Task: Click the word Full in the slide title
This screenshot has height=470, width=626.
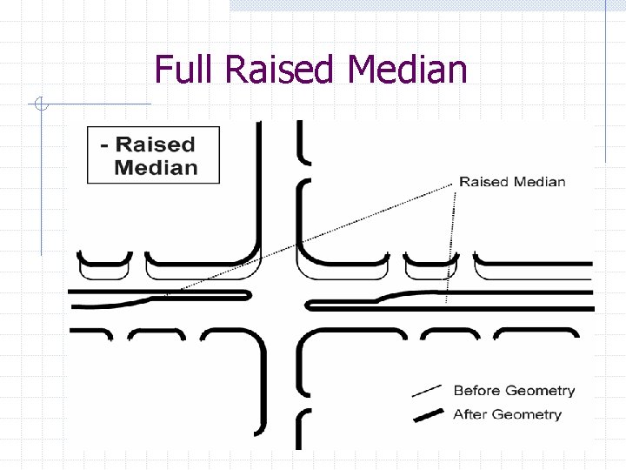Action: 184,70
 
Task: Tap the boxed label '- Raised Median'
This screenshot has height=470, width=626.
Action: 154,155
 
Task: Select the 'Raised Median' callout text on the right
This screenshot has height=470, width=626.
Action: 512,182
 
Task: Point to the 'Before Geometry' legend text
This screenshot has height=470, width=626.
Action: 514,391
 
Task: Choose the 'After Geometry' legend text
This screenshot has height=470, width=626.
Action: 507,414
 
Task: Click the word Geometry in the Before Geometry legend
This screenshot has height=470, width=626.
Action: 539,391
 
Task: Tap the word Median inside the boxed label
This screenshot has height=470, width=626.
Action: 156,167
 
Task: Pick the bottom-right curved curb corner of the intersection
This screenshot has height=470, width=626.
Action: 309,339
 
